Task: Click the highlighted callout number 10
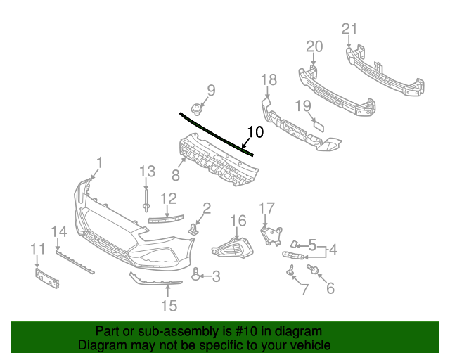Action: pos(255,131)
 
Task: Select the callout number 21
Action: pos(349,29)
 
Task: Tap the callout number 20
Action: pos(314,46)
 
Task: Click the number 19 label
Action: pos(302,105)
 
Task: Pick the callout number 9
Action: pos(210,90)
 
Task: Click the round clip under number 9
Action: pos(195,108)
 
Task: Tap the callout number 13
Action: pos(146,171)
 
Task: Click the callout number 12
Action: pos(168,198)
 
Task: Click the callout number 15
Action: pos(169,305)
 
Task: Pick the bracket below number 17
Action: pos(270,236)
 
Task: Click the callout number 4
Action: pos(331,248)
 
